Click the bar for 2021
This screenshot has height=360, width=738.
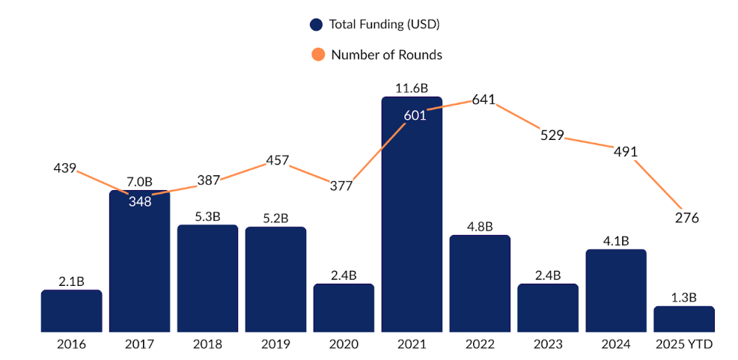point(412,225)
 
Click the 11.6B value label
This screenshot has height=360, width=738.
point(412,88)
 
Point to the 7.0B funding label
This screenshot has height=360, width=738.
point(139,182)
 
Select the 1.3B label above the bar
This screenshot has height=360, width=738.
point(683,297)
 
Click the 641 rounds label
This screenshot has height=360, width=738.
point(484,100)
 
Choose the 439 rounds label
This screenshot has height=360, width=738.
point(65,168)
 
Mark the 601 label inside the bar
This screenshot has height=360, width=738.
point(415,115)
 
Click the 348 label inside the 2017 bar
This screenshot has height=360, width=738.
point(139,201)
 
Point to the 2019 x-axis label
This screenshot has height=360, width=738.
point(275,345)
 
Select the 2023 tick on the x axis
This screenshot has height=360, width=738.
point(548,345)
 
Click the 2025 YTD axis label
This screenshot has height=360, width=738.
point(683,345)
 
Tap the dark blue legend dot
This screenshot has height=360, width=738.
point(317,25)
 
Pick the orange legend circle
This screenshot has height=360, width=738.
point(318,55)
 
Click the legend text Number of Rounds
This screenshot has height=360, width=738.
point(386,55)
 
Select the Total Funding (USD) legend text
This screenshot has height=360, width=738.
point(384,25)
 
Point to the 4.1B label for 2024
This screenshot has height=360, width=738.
point(616,241)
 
